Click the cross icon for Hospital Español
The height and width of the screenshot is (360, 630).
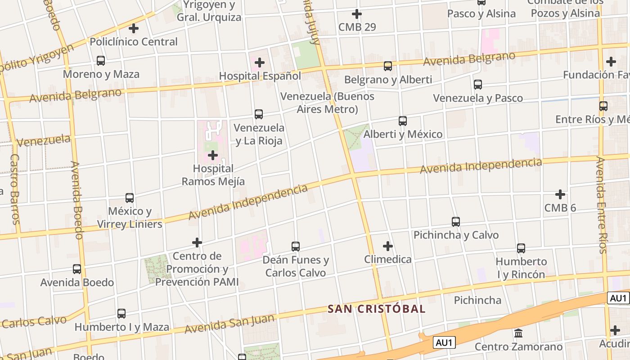tap(260, 63)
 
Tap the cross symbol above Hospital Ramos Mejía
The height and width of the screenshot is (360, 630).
tap(213, 156)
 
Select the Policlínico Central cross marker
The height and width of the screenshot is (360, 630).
tap(134, 28)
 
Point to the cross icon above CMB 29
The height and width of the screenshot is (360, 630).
tap(357, 14)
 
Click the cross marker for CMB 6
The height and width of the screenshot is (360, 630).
tap(560, 194)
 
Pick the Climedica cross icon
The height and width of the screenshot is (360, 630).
tap(388, 246)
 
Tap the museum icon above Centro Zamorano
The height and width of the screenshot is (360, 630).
tap(518, 333)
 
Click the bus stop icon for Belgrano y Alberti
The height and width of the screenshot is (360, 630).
tap(388, 67)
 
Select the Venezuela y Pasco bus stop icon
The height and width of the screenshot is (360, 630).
tap(478, 85)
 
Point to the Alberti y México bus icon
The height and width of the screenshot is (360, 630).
tap(403, 121)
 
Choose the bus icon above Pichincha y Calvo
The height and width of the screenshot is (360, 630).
tap(456, 222)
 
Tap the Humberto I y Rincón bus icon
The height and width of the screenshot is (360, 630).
tap(521, 248)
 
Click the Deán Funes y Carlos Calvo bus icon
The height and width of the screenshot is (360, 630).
tap(296, 247)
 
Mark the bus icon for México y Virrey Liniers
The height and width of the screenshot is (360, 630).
tap(130, 198)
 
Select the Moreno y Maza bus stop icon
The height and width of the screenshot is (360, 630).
tap(101, 61)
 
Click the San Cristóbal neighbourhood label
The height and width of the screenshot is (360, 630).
tap(376, 309)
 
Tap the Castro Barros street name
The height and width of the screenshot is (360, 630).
tap(15, 189)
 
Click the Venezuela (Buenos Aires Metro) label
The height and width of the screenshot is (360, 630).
tap(327, 103)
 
